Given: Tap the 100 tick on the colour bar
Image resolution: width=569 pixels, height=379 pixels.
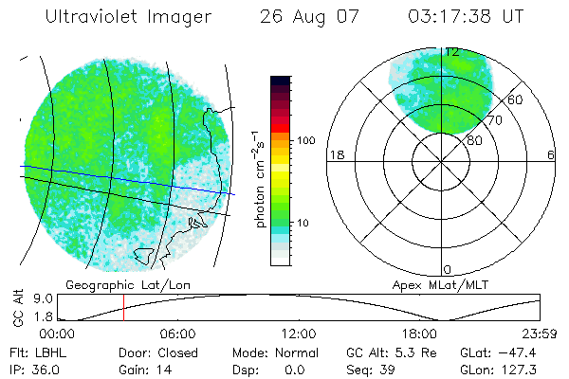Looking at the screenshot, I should click(306, 140).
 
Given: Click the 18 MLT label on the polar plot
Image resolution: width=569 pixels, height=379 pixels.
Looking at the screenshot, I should click(335, 154).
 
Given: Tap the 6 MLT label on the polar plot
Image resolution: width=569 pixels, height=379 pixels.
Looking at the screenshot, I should click(551, 154).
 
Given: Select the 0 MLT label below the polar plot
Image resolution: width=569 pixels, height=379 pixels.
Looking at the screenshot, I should click(448, 270).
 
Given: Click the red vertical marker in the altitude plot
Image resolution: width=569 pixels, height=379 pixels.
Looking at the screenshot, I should click(123, 308).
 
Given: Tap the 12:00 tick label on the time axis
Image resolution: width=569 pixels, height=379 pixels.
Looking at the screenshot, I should click(299, 334).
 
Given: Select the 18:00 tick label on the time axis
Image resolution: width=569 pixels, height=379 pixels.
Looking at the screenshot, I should click(419, 334).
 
